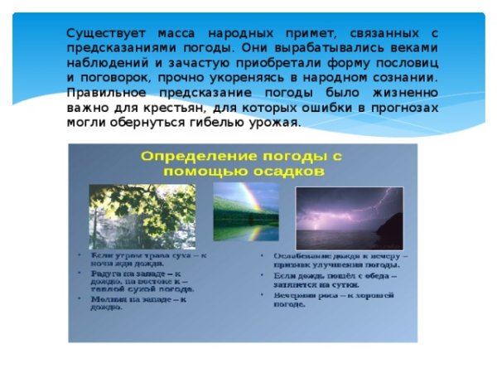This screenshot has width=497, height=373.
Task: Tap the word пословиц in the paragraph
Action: click(405, 62)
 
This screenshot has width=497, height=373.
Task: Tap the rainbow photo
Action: click(246, 211)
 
